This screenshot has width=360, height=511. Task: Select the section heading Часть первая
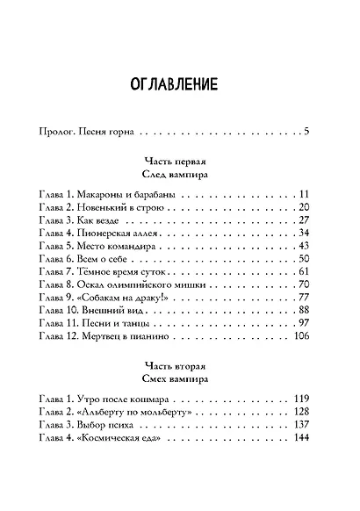click(180, 162)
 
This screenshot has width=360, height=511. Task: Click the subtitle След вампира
click(180, 176)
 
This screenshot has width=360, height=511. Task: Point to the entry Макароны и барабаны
click(127, 194)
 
